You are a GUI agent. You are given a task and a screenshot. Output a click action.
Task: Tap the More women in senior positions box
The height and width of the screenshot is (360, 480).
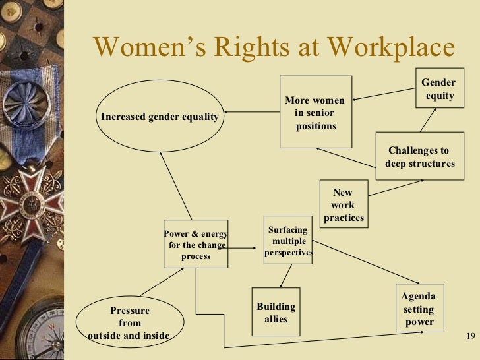coord(316,111)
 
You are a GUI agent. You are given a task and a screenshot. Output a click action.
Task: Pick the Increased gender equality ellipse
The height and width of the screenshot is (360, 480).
coord(159,117)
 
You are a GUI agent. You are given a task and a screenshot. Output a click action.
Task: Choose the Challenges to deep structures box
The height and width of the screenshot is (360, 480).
coord(419,157)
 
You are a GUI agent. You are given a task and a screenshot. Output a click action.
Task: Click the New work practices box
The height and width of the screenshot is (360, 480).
coord(343,205)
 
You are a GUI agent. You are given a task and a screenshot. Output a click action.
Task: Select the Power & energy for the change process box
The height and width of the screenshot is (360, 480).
coord(196,244)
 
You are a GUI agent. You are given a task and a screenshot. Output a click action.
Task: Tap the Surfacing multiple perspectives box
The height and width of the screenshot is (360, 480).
coord(288,240)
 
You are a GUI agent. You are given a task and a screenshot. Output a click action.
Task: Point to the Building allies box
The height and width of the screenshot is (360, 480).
coord(276,313)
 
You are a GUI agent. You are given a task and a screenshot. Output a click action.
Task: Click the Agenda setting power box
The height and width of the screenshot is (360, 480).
coord(418,308)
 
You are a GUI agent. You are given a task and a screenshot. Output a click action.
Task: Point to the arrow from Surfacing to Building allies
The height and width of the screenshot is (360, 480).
coord(284,276)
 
